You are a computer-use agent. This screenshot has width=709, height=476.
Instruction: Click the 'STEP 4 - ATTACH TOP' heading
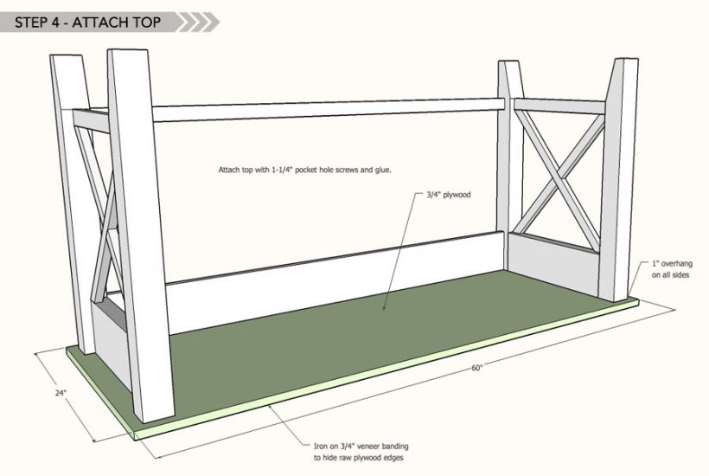(x=87, y=23)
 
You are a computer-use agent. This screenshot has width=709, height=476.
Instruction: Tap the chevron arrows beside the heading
(x=199, y=23)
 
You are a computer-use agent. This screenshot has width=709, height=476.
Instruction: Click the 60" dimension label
(x=477, y=368)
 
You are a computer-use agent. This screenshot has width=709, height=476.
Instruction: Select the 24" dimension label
(x=61, y=393)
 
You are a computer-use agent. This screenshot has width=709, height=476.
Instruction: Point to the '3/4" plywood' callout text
(x=449, y=195)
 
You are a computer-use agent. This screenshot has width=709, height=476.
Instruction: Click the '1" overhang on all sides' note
(x=672, y=269)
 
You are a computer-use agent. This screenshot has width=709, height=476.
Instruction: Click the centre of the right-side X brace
(x=561, y=177)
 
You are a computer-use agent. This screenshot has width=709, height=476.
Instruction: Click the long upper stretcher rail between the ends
(x=329, y=110)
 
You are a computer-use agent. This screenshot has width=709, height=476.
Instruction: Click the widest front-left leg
(x=141, y=235)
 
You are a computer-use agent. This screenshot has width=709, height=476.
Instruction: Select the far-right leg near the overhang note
(x=618, y=179)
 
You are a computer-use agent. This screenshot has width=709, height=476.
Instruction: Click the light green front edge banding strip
(x=386, y=369)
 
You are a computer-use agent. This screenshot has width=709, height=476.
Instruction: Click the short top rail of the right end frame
(x=559, y=106)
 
